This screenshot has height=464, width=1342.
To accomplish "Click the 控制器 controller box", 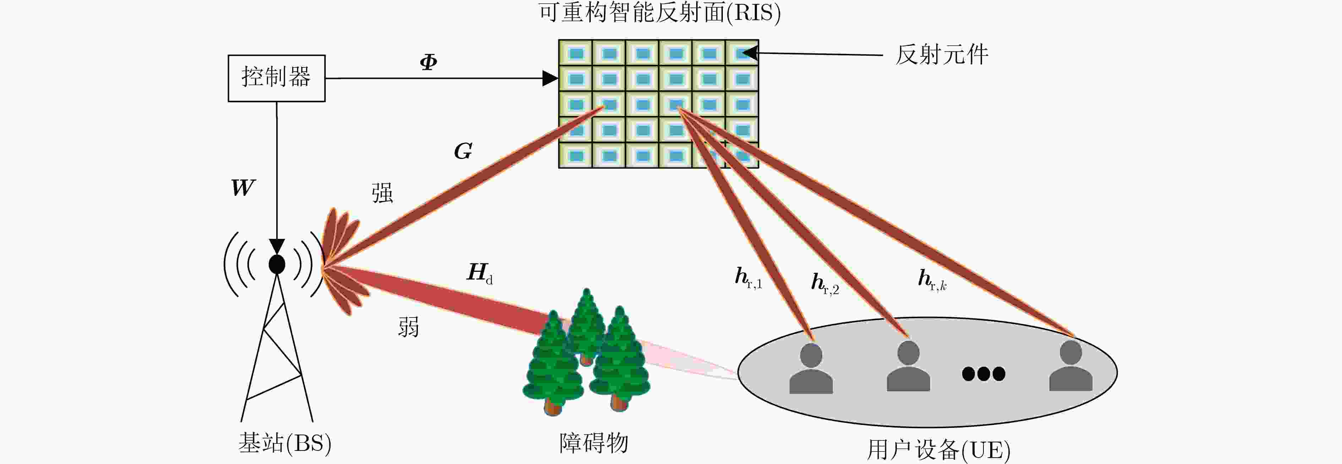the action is pos(277,78).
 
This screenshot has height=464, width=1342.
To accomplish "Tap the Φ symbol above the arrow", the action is pos(428,62).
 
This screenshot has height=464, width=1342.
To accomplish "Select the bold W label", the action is pos(243,187).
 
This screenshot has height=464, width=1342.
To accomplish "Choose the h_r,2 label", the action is pos(825,284).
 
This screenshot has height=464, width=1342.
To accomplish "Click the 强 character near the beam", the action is pos(382,193).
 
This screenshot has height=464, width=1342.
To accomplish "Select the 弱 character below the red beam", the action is pos(408,327).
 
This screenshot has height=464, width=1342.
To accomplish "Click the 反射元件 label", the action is pos(942,55).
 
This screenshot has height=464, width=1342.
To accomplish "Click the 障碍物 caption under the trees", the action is pos(593,443).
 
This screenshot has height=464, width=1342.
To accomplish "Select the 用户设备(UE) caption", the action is pos(938,449).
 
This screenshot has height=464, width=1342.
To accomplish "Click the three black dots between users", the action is pos(983,374).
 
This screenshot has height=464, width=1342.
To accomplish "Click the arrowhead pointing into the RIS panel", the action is pos(550,78).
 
